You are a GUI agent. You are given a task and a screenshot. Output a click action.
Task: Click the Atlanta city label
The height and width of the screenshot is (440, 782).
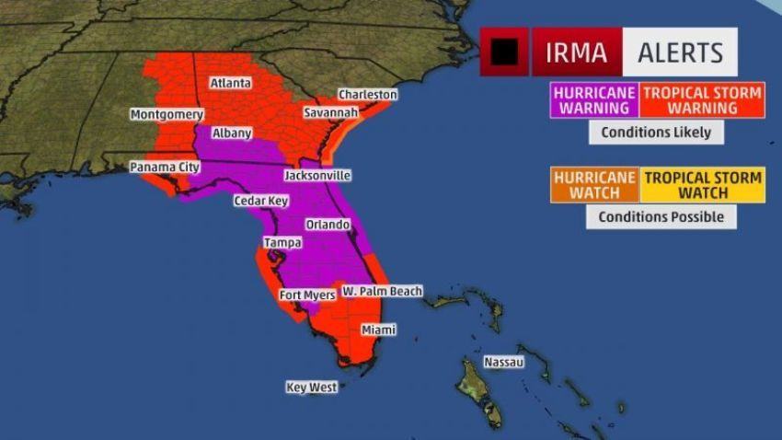point(230,83)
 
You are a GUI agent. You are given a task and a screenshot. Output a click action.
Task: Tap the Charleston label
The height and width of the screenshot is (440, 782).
point(367,94)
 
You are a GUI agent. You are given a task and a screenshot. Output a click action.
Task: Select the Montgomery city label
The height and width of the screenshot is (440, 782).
point(166,114)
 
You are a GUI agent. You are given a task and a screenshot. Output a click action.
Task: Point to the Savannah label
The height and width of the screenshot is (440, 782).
point(331,112)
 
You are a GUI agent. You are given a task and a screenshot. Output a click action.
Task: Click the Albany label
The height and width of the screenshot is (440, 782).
point(231,133)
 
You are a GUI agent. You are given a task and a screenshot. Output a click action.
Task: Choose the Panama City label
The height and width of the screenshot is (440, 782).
point(164,168)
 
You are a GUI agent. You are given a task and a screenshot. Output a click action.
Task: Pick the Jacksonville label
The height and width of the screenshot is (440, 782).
point(316,175)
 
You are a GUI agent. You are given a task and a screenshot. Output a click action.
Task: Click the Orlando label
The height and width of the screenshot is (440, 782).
point(327,225)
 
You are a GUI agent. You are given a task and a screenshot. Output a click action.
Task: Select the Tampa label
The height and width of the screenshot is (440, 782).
point(282,242)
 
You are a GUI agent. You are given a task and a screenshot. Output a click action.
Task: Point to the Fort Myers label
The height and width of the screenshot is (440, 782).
point(307,295)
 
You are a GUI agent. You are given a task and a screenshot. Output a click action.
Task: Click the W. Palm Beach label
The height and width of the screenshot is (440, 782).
point(382,291)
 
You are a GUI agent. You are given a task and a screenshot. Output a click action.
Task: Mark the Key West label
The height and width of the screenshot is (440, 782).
point(311,388)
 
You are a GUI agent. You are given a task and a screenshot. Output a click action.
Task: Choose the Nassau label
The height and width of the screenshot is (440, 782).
point(503,362)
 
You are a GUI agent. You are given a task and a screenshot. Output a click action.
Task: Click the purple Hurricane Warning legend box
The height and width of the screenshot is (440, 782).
point(592,100)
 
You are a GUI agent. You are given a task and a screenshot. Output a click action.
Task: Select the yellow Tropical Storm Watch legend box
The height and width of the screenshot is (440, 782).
point(703,185)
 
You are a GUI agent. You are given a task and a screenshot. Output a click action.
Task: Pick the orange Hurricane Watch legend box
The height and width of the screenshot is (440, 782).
point(593,185)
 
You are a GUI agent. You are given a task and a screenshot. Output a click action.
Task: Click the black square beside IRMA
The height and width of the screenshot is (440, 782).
point(503,52)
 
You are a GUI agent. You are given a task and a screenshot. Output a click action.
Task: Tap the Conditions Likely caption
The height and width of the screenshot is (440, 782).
point(656,132)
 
